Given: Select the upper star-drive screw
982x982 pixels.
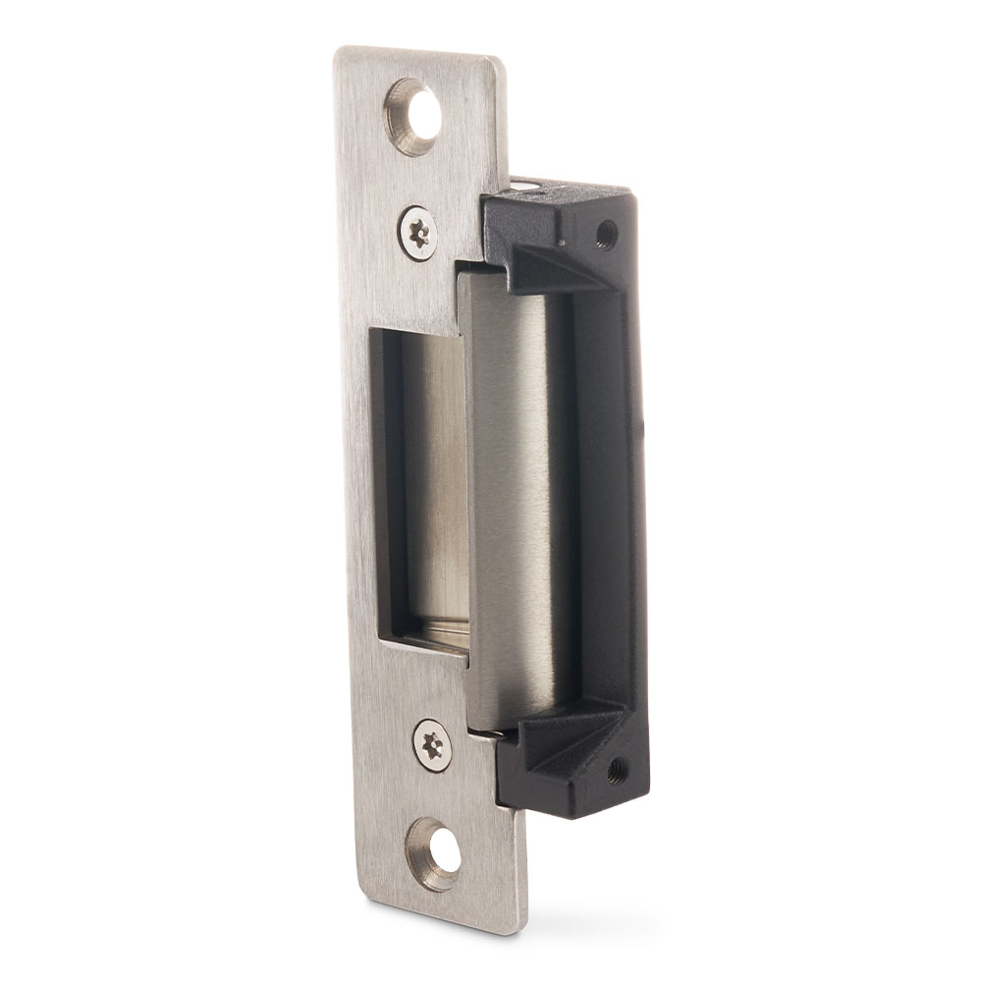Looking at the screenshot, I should (x=419, y=233).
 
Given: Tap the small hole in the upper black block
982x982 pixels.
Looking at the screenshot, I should (x=606, y=234).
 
